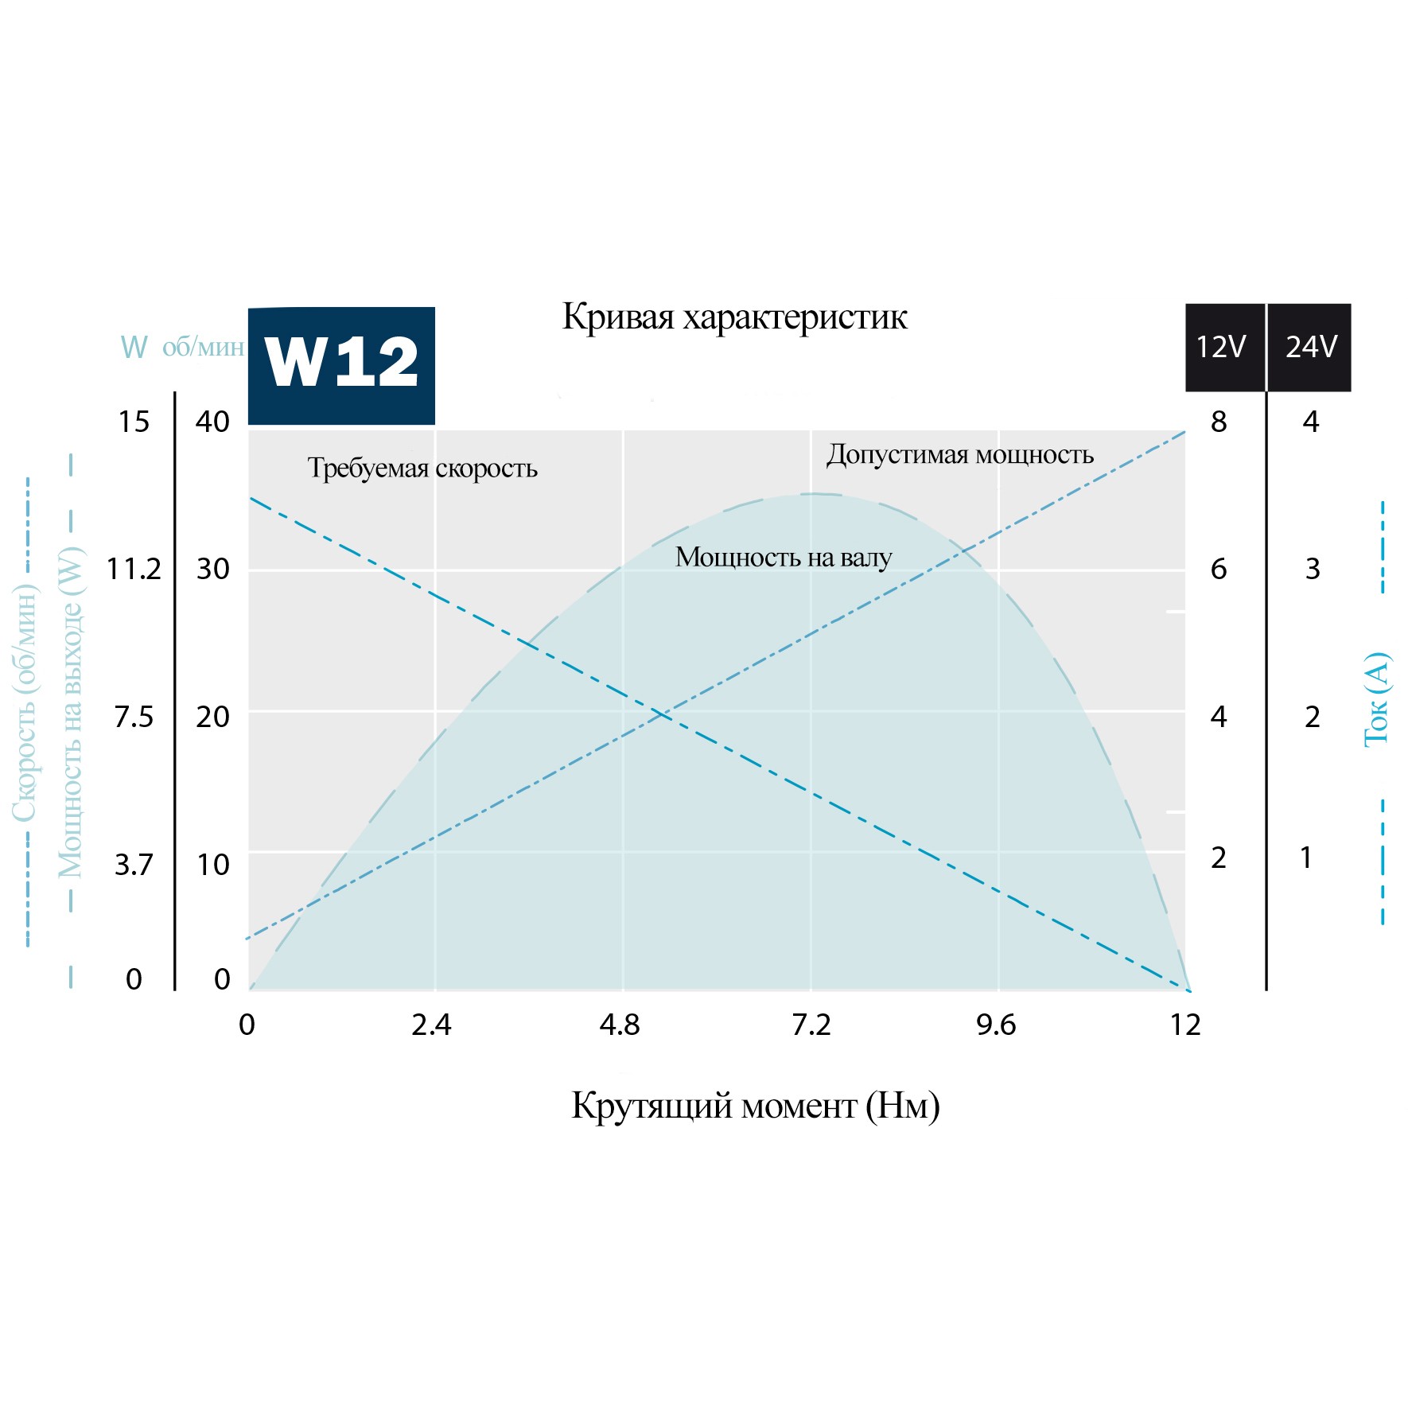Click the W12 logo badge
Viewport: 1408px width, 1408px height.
pos(341,365)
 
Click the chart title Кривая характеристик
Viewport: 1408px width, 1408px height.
pos(734,317)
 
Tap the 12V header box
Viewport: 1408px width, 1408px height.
pos(1222,348)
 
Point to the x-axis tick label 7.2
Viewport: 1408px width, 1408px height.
pos(811,1025)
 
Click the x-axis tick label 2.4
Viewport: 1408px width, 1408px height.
pos(431,1025)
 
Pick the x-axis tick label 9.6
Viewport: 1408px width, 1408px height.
pos(996,1025)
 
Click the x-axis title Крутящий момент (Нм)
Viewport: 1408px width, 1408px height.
pos(755,1106)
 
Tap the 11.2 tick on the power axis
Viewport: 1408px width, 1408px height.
pos(134,570)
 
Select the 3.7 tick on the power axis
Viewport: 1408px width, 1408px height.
pos(134,865)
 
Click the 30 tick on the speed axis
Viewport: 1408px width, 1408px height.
pos(212,570)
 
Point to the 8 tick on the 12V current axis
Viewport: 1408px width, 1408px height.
pos(1219,422)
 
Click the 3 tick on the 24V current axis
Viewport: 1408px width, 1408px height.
pos(1313,570)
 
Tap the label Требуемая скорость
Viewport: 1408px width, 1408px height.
pos(422,469)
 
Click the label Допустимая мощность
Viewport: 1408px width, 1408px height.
pos(960,455)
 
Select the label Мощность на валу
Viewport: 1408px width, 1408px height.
pos(784,558)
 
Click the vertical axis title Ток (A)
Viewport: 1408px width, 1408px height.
pos(1376,699)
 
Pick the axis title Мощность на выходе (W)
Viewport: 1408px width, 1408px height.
pos(70,712)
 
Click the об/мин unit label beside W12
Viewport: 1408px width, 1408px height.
pos(203,348)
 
